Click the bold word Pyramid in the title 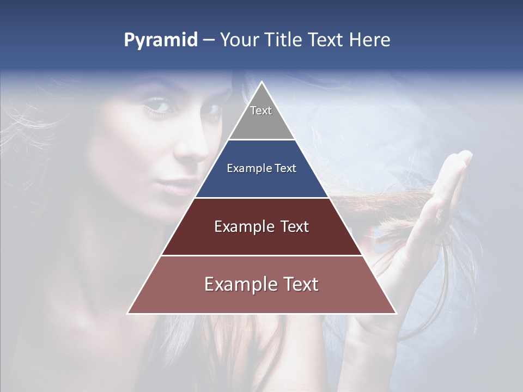point(160,40)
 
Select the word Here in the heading point(370,40)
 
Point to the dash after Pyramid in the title point(208,40)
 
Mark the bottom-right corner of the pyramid point(396,313)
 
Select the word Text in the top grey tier point(261,111)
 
